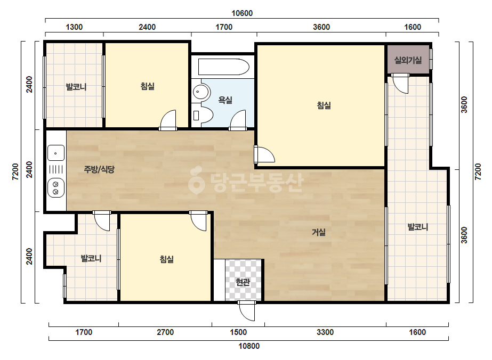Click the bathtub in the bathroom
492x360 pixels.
coord(224,67)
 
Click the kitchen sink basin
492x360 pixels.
coord(56,153)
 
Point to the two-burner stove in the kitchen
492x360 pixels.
coord(56,188)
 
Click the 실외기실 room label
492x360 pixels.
coord(408,60)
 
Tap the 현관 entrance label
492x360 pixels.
coord(243,282)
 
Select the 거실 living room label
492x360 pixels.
coord(318,232)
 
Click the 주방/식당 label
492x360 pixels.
coord(99,169)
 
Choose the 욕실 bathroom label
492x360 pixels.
coord(225,100)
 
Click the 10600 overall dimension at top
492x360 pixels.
coord(242,13)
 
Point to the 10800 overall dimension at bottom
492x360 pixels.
coord(249,346)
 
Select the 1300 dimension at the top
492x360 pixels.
coord(74,27)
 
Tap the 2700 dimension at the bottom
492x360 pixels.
coord(165,332)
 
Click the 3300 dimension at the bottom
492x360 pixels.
coord(325,332)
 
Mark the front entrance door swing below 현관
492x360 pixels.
coord(247,312)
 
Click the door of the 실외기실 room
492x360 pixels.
coord(401,84)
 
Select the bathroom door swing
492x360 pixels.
coord(238,120)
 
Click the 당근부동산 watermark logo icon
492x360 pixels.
coord(196,180)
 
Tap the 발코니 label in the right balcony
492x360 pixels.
coord(417,227)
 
